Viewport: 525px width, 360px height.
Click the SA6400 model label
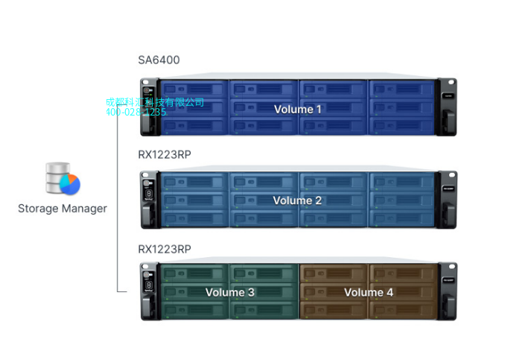[x=159, y=60]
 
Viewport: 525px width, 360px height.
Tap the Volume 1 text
[x=298, y=110]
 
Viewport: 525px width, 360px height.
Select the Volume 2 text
[x=297, y=200]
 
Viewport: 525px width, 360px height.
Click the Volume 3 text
[x=229, y=292]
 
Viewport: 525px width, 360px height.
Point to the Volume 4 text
[x=369, y=292]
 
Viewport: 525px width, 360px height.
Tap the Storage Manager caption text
[x=63, y=209]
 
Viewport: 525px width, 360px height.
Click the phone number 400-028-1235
[x=136, y=112]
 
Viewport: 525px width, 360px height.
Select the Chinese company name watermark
[x=154, y=102]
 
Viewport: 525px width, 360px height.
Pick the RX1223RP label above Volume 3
[x=165, y=248]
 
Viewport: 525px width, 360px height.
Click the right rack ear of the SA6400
[x=447, y=108]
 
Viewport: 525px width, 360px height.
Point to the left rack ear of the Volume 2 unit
[x=148, y=200]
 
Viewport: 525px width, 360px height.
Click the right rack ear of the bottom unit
[x=447, y=291]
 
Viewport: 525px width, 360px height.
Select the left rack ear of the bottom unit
[x=148, y=291]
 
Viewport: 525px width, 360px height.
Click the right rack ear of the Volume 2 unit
[x=447, y=200]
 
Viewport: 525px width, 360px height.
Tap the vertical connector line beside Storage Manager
[x=118, y=201]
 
